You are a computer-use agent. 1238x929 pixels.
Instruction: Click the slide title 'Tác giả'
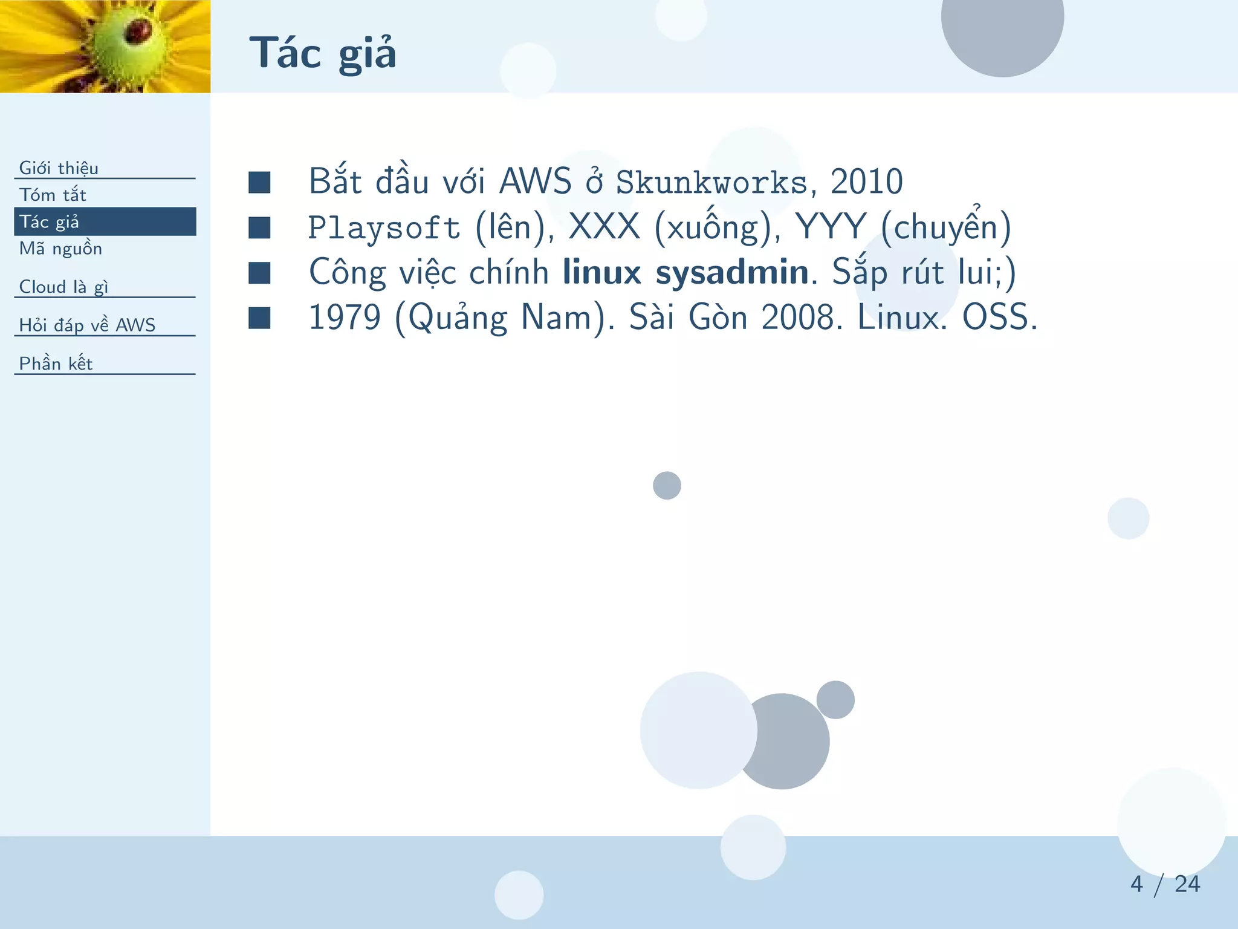click(323, 53)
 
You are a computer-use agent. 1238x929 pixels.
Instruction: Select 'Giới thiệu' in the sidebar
click(59, 168)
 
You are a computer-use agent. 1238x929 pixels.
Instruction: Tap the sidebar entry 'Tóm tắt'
click(53, 195)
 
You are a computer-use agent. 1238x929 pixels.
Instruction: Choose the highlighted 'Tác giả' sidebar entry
click(50, 221)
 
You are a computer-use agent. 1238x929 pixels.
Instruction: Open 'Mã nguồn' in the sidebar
click(60, 249)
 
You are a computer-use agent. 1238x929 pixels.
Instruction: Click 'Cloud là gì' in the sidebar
click(63, 287)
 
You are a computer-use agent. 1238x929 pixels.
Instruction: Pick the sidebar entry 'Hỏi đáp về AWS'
click(87, 325)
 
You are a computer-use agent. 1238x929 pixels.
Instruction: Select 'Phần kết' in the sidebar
click(56, 363)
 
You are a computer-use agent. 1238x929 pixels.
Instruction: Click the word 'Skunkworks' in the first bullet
click(711, 183)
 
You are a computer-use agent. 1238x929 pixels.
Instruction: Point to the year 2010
click(866, 181)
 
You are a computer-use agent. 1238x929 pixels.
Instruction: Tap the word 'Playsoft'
click(384, 228)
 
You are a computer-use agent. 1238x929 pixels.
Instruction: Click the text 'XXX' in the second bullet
click(604, 227)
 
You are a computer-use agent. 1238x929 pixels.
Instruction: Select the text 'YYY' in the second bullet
click(831, 227)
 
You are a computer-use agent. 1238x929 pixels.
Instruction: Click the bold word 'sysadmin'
click(732, 272)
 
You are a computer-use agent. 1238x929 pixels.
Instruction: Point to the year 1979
click(345, 317)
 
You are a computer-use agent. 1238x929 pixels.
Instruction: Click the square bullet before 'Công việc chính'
click(259, 273)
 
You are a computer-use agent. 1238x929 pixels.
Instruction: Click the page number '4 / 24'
click(1165, 884)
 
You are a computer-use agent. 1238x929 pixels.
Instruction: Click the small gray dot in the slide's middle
click(667, 486)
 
